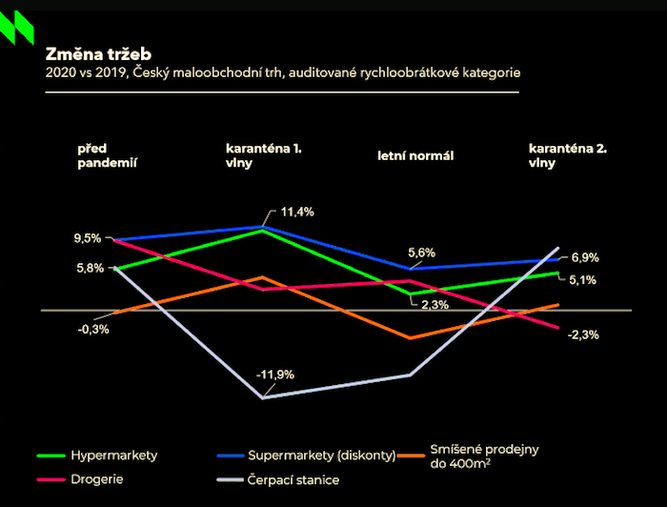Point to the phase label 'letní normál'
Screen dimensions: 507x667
[415, 155]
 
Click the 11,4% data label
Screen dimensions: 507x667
[297, 211]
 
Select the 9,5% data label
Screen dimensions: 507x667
[86, 238]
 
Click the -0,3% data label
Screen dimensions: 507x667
[93, 329]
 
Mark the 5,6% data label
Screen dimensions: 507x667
[421, 253]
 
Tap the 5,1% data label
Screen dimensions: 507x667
[583, 280]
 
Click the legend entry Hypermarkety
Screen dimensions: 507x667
[113, 456]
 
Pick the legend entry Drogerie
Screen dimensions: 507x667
[97, 479]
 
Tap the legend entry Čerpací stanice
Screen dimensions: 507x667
[293, 479]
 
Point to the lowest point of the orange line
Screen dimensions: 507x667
[409, 338]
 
